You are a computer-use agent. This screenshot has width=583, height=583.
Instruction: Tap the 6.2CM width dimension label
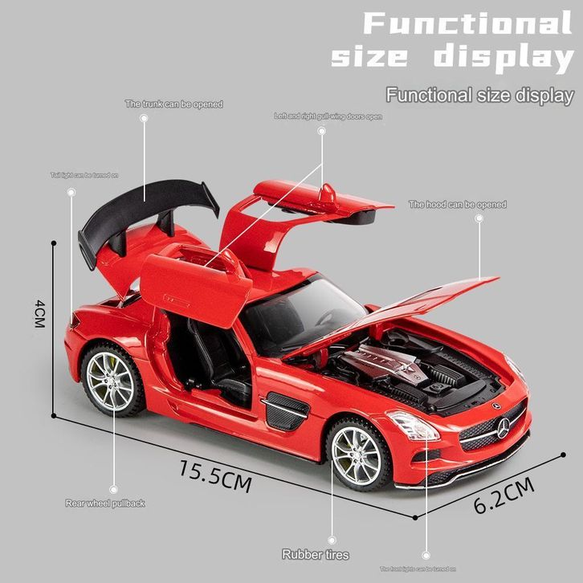tap(503, 495)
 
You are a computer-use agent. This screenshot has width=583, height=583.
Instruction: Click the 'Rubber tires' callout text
tap(315, 554)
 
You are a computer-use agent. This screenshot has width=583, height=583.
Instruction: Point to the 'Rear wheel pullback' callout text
tap(104, 503)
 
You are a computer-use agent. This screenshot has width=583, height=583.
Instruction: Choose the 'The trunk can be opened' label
tap(173, 104)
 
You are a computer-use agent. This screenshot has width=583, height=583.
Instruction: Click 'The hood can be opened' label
tap(457, 205)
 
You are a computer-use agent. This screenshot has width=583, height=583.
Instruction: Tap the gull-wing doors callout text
tap(328, 116)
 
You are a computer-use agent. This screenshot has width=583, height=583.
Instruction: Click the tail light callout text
tap(84, 174)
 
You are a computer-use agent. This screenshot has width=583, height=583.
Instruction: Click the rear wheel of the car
tap(111, 380)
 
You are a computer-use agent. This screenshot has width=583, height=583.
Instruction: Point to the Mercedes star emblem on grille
tap(503, 429)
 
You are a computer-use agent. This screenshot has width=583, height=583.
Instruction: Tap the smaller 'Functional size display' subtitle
tap(479, 95)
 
